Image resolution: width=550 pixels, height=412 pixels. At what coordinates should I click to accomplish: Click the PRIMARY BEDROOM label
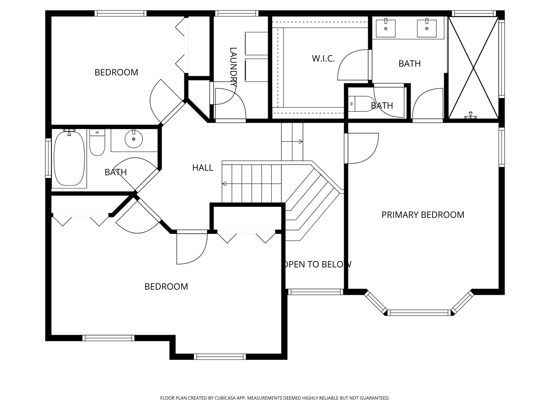pyautogui.click(x=423, y=215)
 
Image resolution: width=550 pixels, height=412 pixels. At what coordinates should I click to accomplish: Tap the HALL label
pyautogui.click(x=203, y=168)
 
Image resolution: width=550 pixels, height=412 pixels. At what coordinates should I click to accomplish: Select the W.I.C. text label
pyautogui.click(x=323, y=59)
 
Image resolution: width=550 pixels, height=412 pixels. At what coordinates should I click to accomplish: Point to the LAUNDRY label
pyautogui.click(x=233, y=67)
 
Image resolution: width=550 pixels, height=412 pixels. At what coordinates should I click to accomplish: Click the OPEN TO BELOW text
pyautogui.click(x=318, y=264)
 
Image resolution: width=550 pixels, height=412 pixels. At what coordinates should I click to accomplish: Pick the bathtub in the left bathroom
pyautogui.click(x=69, y=158)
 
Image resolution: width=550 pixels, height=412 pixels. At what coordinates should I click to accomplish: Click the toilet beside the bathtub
pyautogui.click(x=97, y=142)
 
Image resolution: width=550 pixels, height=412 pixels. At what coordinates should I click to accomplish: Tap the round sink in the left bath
pyautogui.click(x=134, y=139)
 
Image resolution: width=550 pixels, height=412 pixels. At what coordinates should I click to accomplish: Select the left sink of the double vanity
pyautogui.click(x=386, y=28)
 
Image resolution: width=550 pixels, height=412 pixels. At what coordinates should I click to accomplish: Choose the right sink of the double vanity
pyautogui.click(x=427, y=28)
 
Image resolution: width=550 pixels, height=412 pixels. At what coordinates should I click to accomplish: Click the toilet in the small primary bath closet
pyautogui.click(x=361, y=103)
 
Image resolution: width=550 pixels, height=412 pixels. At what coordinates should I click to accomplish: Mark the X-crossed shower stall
pyautogui.click(x=473, y=68)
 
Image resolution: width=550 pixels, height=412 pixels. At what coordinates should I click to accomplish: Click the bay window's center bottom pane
pyautogui.click(x=419, y=313)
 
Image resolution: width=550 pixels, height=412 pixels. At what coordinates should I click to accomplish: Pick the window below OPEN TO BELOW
pyautogui.click(x=315, y=292)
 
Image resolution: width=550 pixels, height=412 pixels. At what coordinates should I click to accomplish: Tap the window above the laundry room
pyautogui.click(x=236, y=14)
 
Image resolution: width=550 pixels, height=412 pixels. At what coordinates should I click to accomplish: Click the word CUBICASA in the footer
pyautogui.click(x=225, y=398)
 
